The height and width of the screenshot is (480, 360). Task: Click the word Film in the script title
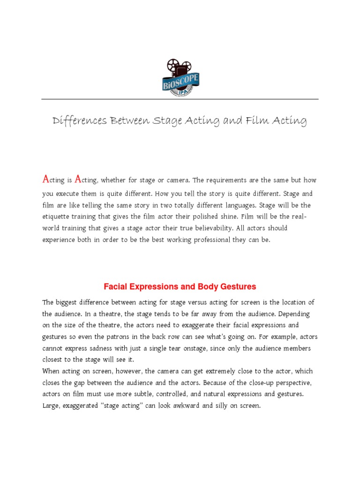(265, 121)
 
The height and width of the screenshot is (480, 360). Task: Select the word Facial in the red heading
(115, 286)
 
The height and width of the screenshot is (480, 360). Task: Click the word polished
(215, 217)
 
